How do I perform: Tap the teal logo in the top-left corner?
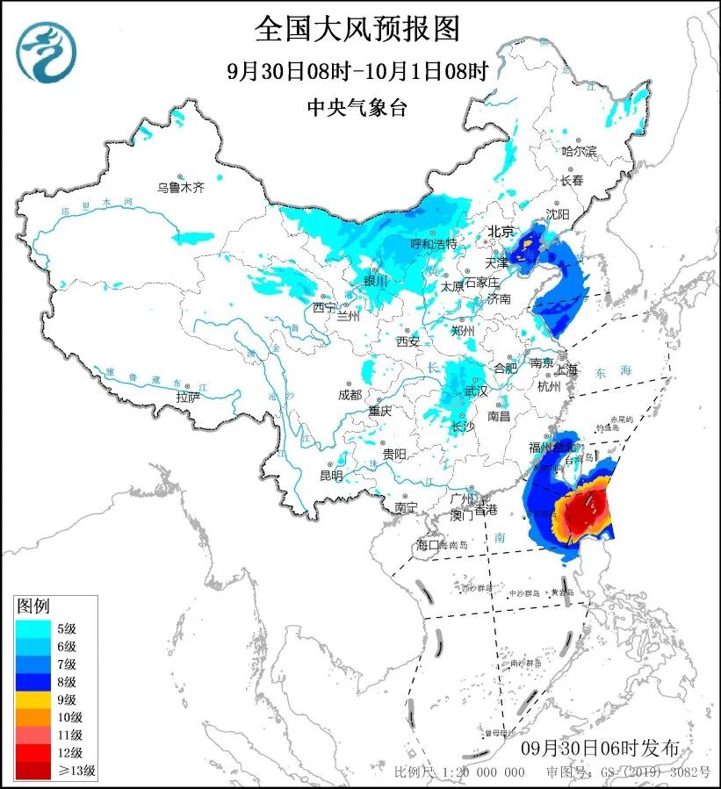pos(46,52)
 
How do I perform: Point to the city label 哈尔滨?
pos(579,152)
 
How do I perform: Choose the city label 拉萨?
pos(187,397)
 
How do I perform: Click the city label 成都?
pos(349,394)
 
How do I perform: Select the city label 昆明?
pos(331,475)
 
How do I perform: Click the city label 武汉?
pos(475,391)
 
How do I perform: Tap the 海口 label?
pos(427,545)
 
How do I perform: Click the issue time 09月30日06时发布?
pos(599,748)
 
